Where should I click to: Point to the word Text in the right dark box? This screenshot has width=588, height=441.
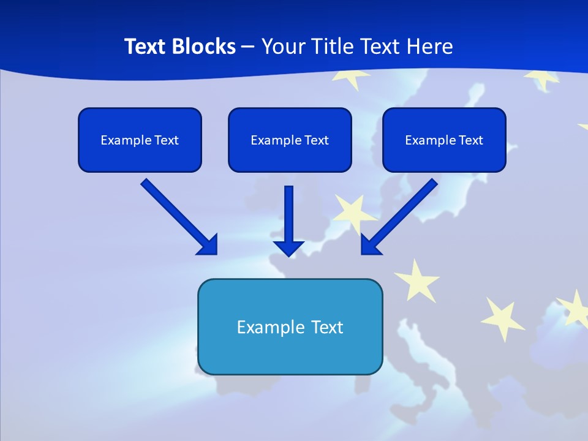(x=471, y=140)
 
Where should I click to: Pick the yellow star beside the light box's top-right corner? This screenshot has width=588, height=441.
(x=417, y=279)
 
